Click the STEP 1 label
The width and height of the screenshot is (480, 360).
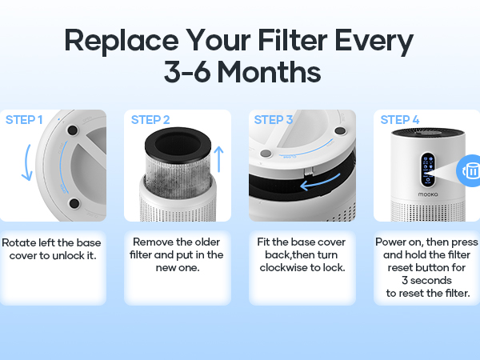point(25,120)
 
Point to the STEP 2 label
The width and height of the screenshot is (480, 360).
point(150,120)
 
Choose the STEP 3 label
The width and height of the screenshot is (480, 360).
point(274,120)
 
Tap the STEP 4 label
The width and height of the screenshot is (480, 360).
point(399,120)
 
